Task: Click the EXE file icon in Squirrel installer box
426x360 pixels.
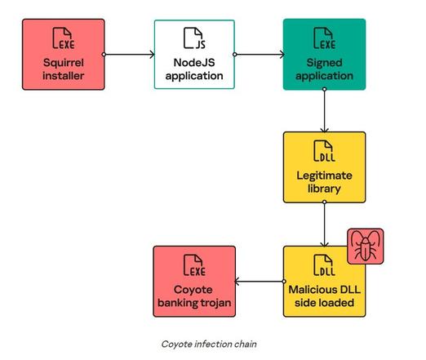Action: (x=64, y=38)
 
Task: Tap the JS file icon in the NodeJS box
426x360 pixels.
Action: (x=194, y=38)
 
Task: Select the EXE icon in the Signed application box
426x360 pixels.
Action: (x=324, y=38)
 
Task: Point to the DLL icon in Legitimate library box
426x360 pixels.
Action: (x=324, y=151)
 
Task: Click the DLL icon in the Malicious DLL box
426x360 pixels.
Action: (x=324, y=265)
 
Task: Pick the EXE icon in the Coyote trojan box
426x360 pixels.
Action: (x=194, y=265)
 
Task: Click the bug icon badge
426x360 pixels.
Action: (x=366, y=246)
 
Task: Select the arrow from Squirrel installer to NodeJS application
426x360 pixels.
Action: (x=129, y=55)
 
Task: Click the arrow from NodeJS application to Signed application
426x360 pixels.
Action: (x=259, y=55)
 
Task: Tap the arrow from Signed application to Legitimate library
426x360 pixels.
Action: (x=324, y=110)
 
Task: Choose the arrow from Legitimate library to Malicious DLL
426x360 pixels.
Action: (x=324, y=224)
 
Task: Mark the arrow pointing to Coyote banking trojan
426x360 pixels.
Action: (x=260, y=282)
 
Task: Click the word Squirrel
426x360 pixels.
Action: (x=64, y=63)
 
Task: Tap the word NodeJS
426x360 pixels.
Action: (x=194, y=63)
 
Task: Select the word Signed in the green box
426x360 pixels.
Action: (x=324, y=63)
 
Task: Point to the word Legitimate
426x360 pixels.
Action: (x=324, y=176)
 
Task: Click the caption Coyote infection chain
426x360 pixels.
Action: (x=209, y=344)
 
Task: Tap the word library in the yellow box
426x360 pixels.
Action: (x=324, y=189)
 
